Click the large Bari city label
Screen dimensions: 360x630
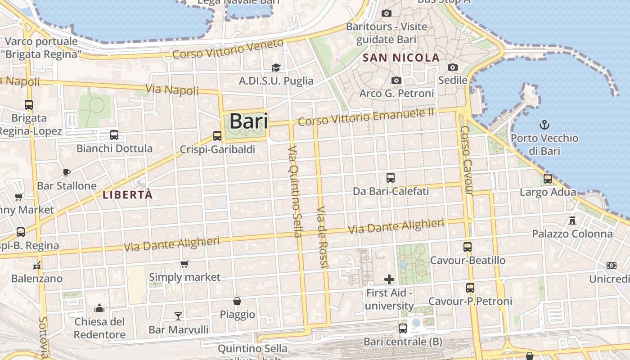(x=248, y=121)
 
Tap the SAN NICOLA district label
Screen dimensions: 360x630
(x=401, y=58)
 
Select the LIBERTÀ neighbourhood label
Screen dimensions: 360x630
(x=128, y=195)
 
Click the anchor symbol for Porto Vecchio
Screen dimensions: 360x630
(x=544, y=124)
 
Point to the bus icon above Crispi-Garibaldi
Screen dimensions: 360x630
(x=217, y=135)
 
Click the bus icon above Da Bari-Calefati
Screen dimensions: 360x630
(x=391, y=178)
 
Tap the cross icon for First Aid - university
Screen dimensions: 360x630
(x=389, y=279)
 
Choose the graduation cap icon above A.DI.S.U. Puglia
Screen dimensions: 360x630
(x=276, y=67)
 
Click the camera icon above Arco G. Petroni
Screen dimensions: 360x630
(x=396, y=80)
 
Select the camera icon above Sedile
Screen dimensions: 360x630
(x=453, y=67)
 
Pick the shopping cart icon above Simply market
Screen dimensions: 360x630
(x=184, y=264)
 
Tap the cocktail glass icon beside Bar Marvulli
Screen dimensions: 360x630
(x=178, y=316)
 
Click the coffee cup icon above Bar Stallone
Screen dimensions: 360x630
(x=67, y=172)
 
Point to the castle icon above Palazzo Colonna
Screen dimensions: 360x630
(x=572, y=220)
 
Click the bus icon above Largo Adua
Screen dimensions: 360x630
(x=548, y=178)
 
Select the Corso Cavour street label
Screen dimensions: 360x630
(x=466, y=160)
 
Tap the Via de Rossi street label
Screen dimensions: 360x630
(x=323, y=237)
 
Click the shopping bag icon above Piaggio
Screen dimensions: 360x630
(x=237, y=301)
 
